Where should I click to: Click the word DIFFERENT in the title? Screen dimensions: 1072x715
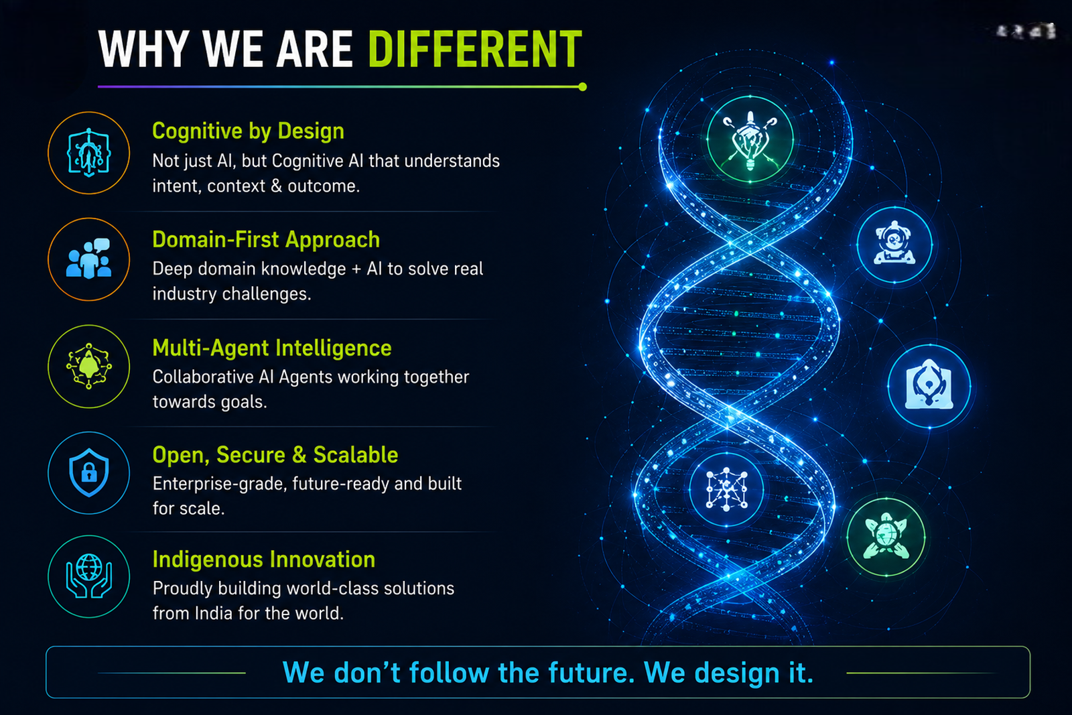pos(475,50)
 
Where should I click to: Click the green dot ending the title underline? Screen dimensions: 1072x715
pos(582,86)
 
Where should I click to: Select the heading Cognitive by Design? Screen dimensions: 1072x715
pos(248,131)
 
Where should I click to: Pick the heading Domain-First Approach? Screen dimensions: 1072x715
pos(265,239)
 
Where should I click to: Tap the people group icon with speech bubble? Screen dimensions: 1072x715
pos(88,259)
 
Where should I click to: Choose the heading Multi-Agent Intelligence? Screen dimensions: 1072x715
pos(272,348)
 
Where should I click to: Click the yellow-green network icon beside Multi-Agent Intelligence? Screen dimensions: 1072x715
pos(88,366)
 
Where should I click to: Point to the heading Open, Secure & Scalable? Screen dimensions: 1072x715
pos(275,454)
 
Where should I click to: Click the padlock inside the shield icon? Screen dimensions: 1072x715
pos(89,474)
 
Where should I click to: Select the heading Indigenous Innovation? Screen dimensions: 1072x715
pos(264,560)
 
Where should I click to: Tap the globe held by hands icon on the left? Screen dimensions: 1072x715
pos(89,576)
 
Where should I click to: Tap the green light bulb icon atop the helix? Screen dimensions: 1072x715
pos(750,139)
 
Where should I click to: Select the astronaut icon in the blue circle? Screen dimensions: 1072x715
pos(894,243)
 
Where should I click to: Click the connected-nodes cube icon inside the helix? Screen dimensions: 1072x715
pos(726,489)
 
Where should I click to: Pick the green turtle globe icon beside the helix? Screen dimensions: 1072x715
pos(886,537)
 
